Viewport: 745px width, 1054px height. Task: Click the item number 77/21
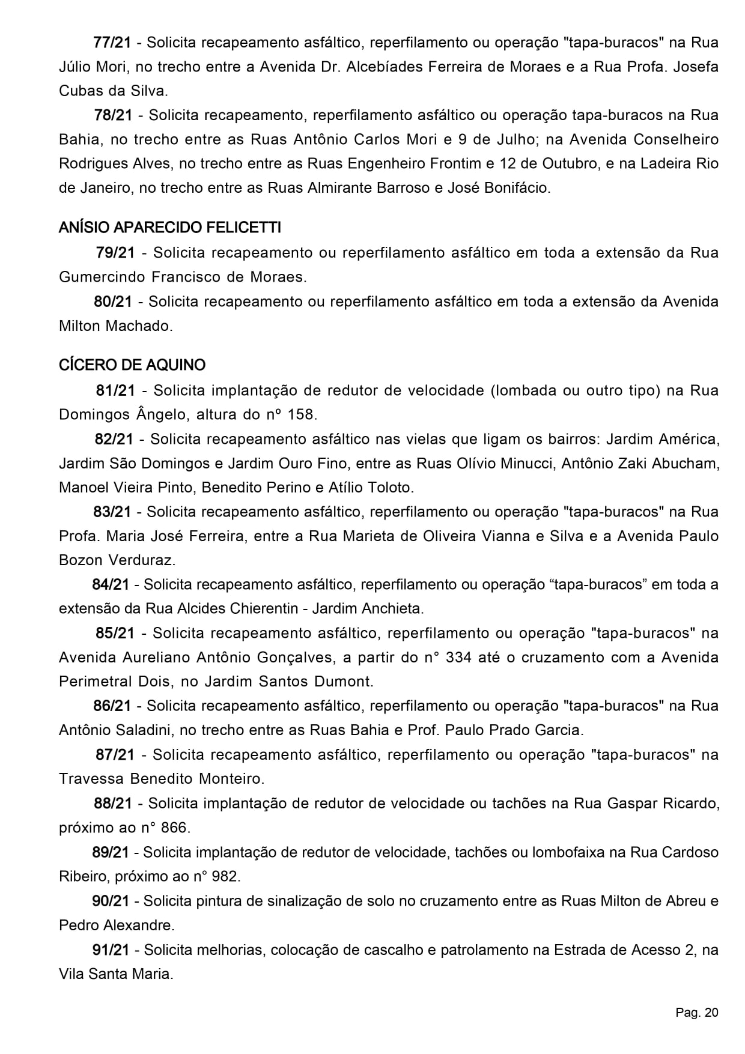tap(112, 43)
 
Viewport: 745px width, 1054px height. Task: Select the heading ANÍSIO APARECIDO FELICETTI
tap(170, 228)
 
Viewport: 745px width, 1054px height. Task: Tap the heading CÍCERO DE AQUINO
tap(132, 365)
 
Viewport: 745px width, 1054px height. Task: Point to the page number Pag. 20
tap(696, 1013)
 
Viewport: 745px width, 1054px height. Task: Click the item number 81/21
tap(115, 390)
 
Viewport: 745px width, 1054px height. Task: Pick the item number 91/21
tap(111, 950)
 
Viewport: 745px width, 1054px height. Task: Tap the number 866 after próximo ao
tap(174, 828)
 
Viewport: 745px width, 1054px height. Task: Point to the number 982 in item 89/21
tap(225, 876)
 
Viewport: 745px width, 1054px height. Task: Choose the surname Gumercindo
tap(102, 277)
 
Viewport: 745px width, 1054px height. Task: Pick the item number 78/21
tap(112, 115)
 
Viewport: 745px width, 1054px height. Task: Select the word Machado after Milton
tap(139, 326)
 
